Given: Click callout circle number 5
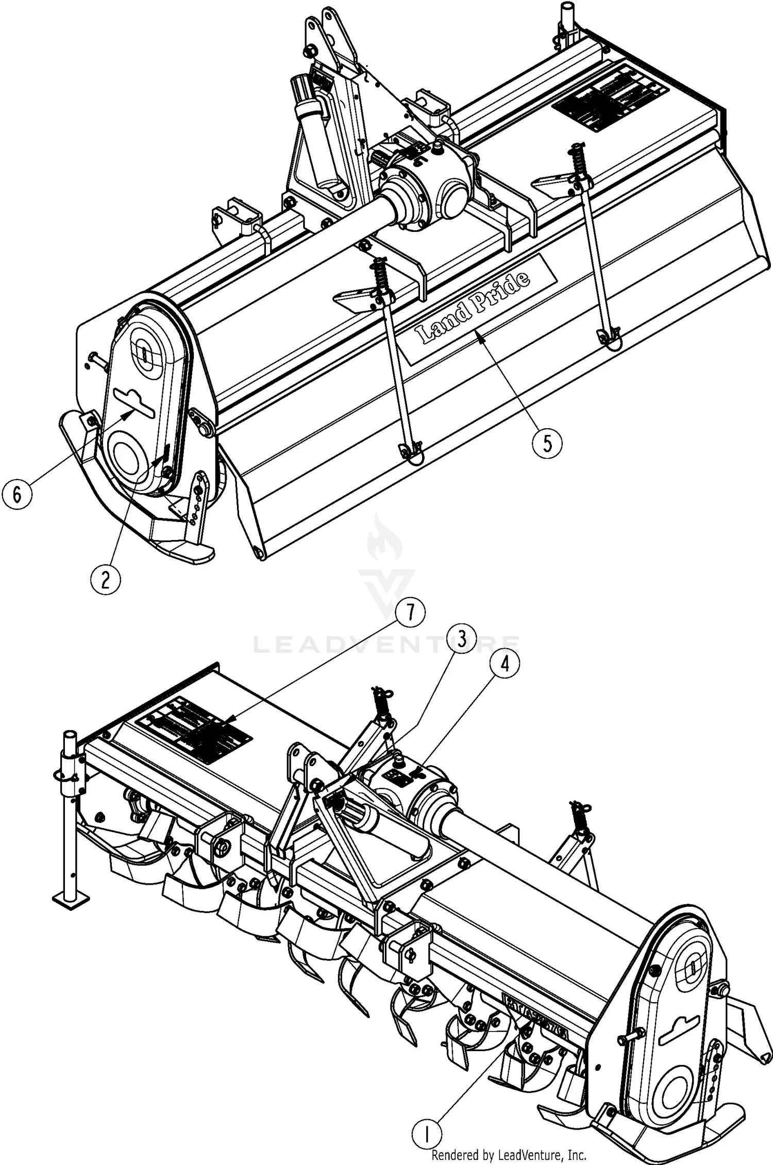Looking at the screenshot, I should pos(547,443).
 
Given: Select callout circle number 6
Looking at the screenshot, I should pos(17,495).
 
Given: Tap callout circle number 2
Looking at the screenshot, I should pos(105,580).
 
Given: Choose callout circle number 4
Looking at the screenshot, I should pos(505,664).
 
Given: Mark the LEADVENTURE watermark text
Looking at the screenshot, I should pos(386,644).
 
